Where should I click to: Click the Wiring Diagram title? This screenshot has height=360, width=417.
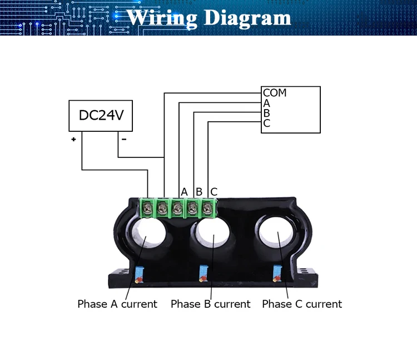tap(209, 17)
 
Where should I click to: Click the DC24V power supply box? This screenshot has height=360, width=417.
tap(101, 116)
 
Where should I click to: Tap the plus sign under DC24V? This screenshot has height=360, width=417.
tap(73, 140)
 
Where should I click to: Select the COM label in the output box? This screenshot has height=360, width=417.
tap(275, 93)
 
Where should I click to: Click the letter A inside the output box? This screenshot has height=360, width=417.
tap(267, 103)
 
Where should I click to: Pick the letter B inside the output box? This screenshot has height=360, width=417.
tap(267, 114)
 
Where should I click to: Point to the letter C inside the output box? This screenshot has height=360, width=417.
tap(267, 124)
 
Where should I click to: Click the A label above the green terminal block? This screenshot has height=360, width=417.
tap(185, 192)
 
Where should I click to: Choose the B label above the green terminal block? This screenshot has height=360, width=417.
tap(199, 192)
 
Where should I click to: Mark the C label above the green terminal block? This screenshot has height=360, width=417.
tap(214, 192)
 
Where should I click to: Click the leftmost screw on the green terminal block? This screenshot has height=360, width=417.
tap(147, 209)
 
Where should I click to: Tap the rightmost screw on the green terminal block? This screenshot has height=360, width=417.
tap(207, 209)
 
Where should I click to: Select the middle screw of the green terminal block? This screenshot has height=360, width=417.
tap(177, 209)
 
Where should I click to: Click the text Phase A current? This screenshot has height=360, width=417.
tap(117, 304)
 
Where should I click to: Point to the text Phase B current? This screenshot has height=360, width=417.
tap(211, 304)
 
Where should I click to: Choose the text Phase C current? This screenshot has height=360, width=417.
tap(302, 304)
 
